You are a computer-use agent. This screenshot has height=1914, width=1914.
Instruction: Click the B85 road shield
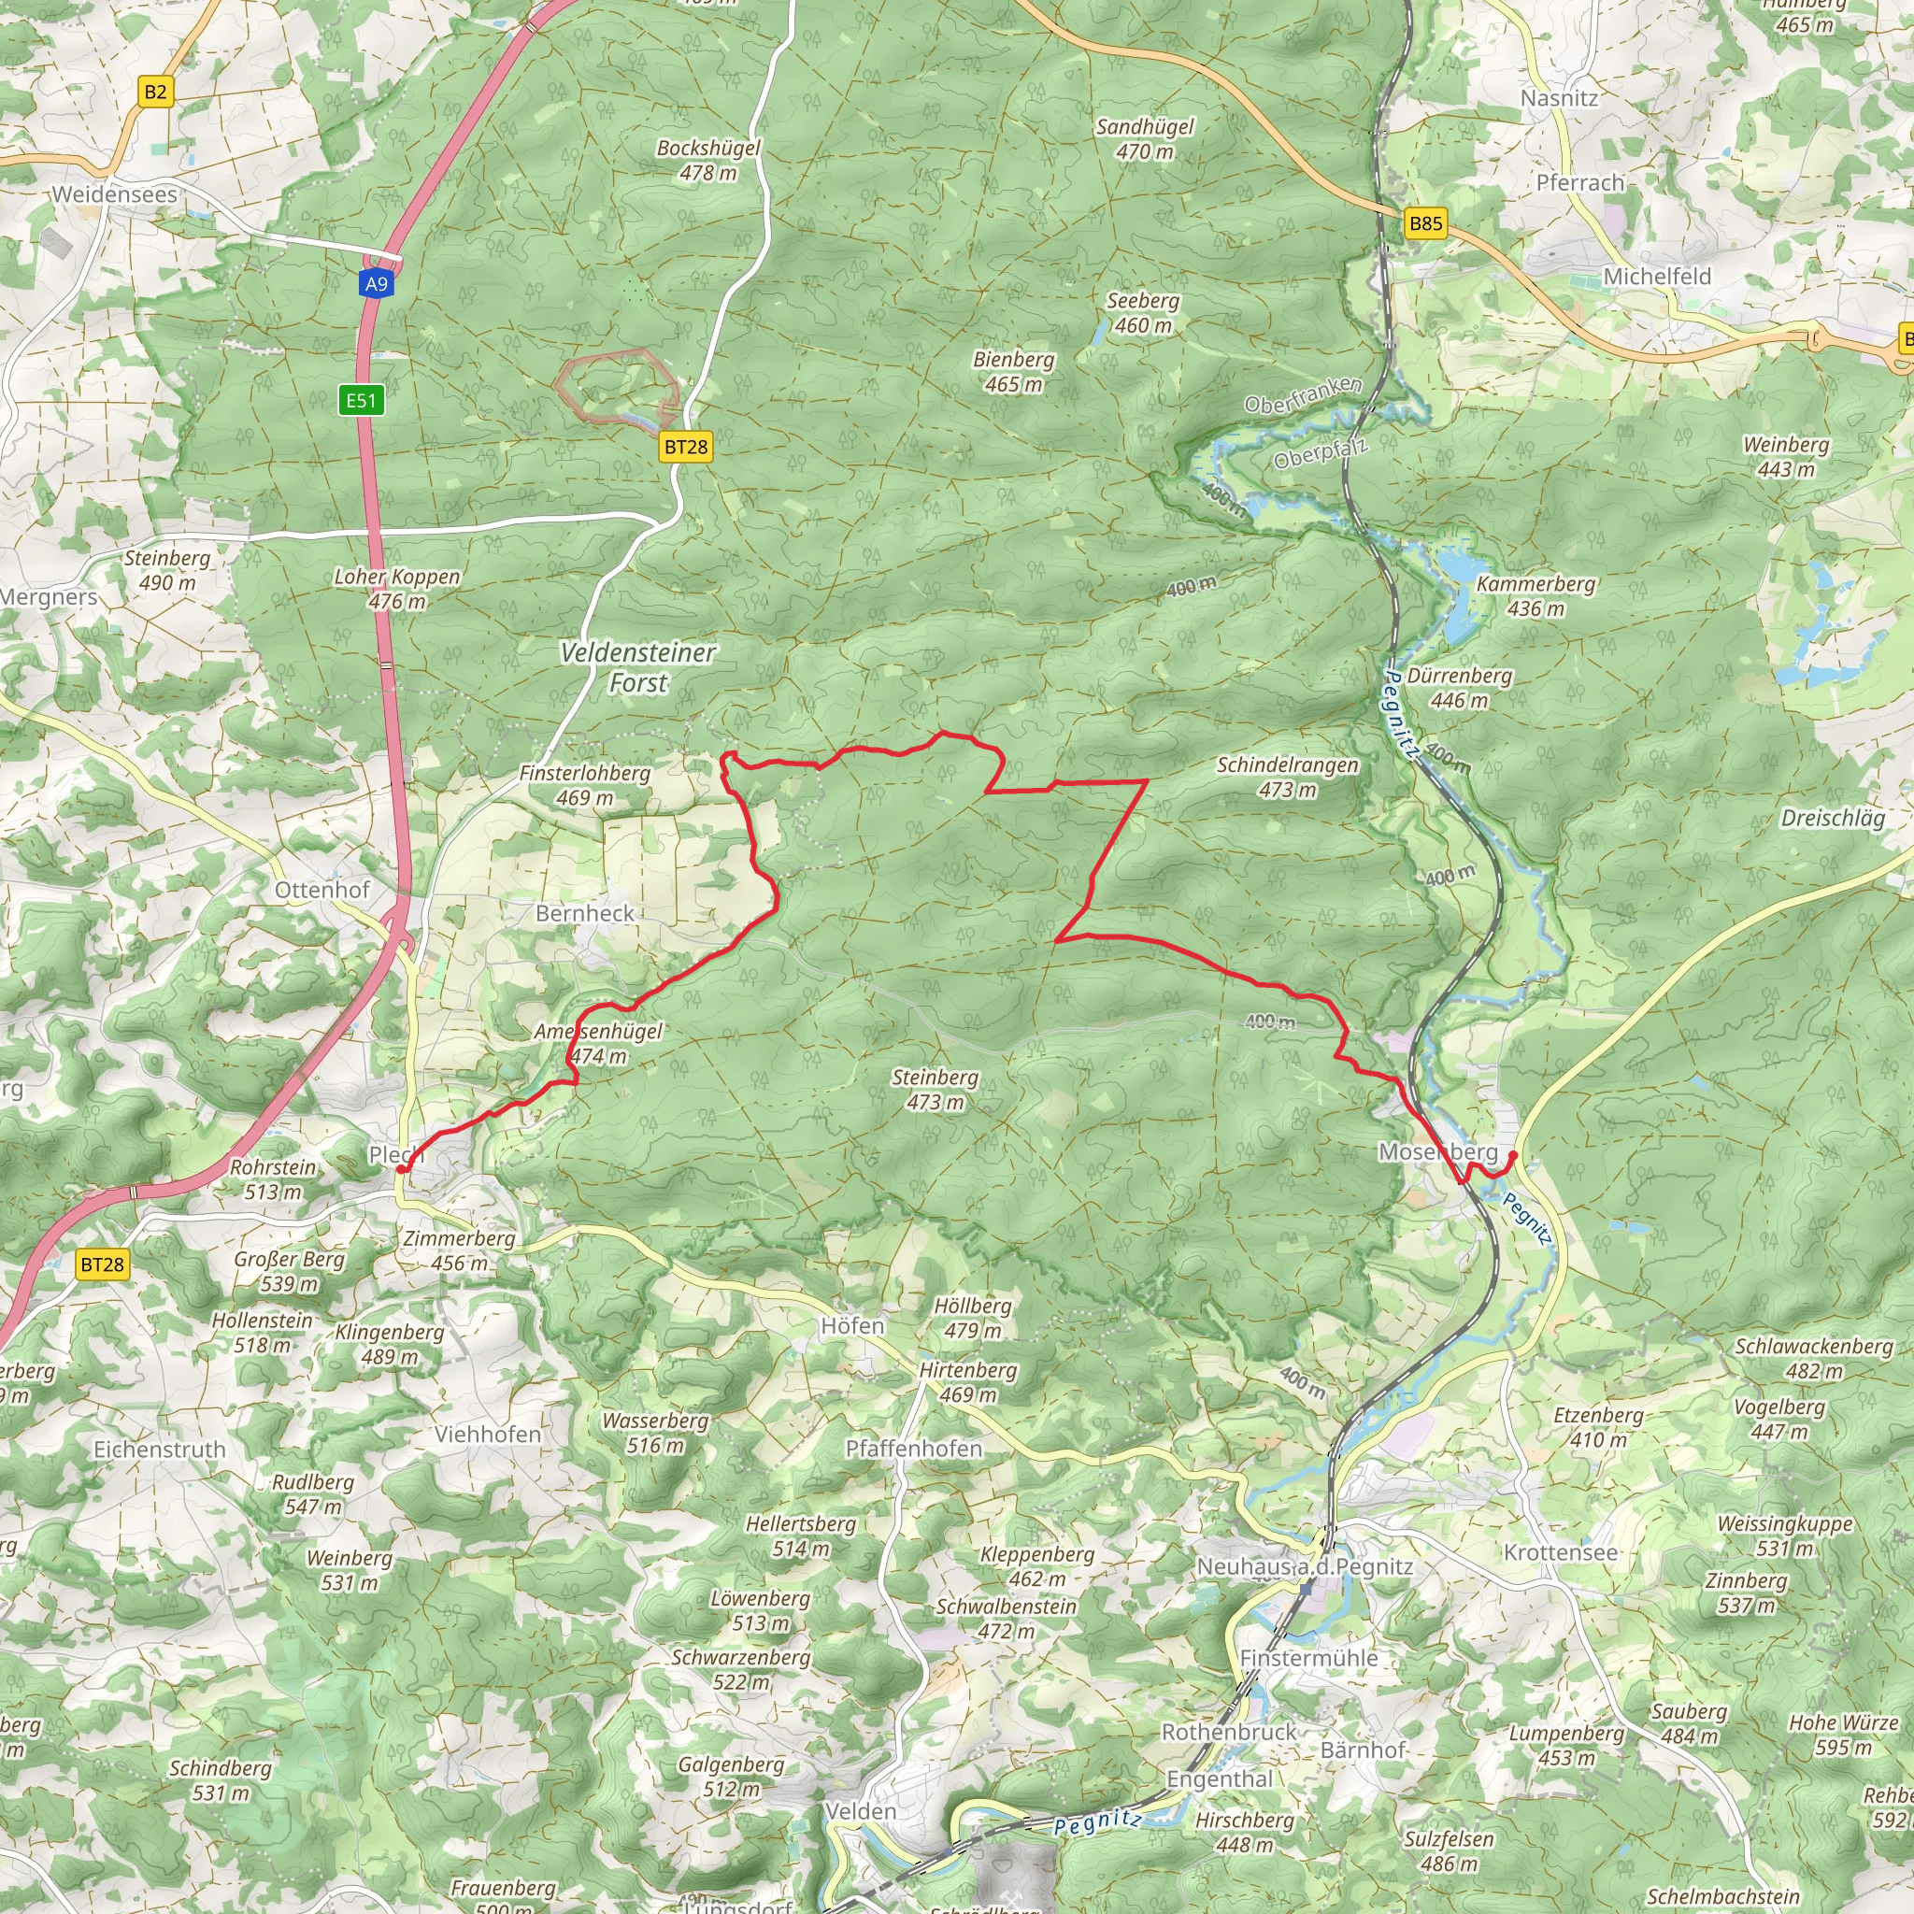point(1425,223)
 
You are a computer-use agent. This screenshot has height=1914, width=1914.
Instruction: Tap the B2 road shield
point(155,93)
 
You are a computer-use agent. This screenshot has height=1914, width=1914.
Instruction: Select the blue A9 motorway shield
point(377,284)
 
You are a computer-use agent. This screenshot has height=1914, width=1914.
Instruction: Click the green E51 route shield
point(361,400)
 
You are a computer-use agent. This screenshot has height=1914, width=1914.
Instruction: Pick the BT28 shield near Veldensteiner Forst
point(686,447)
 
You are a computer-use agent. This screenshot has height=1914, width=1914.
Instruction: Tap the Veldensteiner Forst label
point(638,667)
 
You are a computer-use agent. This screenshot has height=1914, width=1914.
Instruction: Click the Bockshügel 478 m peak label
point(708,160)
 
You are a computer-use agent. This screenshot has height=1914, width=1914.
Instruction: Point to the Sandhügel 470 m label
point(1144,138)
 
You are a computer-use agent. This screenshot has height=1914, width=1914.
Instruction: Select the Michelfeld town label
point(1656,277)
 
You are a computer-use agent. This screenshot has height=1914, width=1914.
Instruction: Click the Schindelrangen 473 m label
point(1287,777)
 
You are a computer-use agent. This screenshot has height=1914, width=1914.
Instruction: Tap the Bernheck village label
point(584,913)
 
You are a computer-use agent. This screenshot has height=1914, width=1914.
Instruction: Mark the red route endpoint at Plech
point(401,1169)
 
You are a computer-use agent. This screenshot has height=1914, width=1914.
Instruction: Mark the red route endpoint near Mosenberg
point(1512,1155)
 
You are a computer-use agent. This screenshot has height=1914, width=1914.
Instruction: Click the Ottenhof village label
point(322,890)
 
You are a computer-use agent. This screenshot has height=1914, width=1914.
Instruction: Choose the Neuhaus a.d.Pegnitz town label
point(1305,1566)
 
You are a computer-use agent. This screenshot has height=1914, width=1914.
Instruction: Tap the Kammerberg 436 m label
point(1535,595)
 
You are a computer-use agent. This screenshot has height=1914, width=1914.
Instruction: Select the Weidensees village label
point(114,194)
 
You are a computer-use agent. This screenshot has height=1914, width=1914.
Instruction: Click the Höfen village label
point(852,1325)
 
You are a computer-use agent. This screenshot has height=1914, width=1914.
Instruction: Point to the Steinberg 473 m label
point(935,1089)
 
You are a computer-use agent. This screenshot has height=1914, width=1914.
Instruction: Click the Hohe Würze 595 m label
point(1843,1735)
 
